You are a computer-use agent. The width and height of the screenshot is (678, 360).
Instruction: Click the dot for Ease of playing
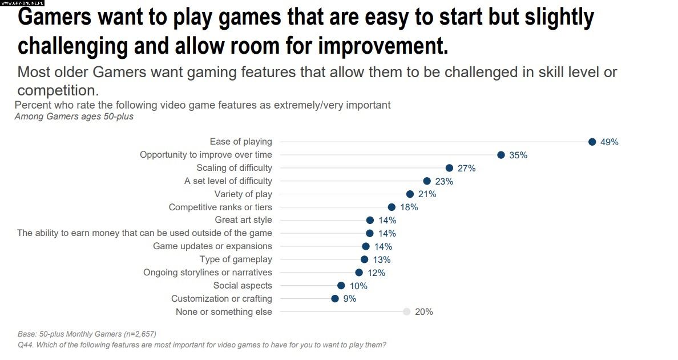592,142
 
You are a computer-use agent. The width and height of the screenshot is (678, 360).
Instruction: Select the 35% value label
518,155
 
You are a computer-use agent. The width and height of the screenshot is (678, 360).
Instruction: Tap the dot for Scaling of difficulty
449,168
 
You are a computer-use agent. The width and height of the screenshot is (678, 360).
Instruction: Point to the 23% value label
444,182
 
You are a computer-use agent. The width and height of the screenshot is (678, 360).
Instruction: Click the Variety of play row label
243,194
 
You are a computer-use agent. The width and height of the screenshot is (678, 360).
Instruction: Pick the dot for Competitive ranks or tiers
392,207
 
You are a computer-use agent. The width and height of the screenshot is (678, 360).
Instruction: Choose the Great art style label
243,220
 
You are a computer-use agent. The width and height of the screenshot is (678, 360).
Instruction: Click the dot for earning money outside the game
369,233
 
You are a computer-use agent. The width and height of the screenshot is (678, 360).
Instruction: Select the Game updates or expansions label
212,246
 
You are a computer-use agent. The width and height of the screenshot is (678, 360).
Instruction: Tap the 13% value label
381,260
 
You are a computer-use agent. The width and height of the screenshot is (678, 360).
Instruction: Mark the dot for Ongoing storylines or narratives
359,273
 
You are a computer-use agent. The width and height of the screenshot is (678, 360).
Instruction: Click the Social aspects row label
243,286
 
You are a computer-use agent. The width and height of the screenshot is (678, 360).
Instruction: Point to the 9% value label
349,299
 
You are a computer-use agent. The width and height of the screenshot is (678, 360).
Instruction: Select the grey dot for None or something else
406,312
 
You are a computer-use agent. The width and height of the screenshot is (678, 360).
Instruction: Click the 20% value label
424,312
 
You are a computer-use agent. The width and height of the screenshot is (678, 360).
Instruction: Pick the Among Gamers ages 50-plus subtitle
74,117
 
